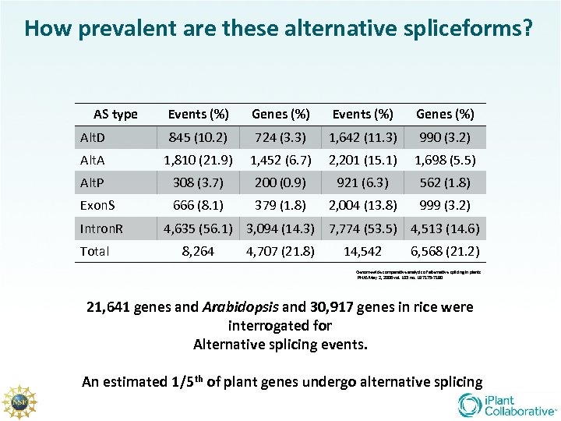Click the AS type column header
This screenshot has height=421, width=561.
pyautogui.click(x=115, y=115)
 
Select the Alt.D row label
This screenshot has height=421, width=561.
pyautogui.click(x=95, y=138)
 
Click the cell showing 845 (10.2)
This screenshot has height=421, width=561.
pyautogui.click(x=198, y=138)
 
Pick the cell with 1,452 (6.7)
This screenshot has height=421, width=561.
pyautogui.click(x=280, y=161)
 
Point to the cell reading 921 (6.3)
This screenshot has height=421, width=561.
pyautogui.click(x=363, y=183)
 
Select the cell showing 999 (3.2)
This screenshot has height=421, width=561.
pyautogui.click(x=445, y=206)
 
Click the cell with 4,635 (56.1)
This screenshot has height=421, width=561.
pyautogui.click(x=198, y=229)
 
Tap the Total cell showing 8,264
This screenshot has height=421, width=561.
pyautogui.click(x=198, y=252)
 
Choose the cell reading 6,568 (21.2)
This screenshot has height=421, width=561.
pyautogui.click(x=445, y=252)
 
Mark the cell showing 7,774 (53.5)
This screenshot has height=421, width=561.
pyautogui.click(x=363, y=229)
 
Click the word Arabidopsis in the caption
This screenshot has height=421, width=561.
pyautogui.click(x=242, y=306)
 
